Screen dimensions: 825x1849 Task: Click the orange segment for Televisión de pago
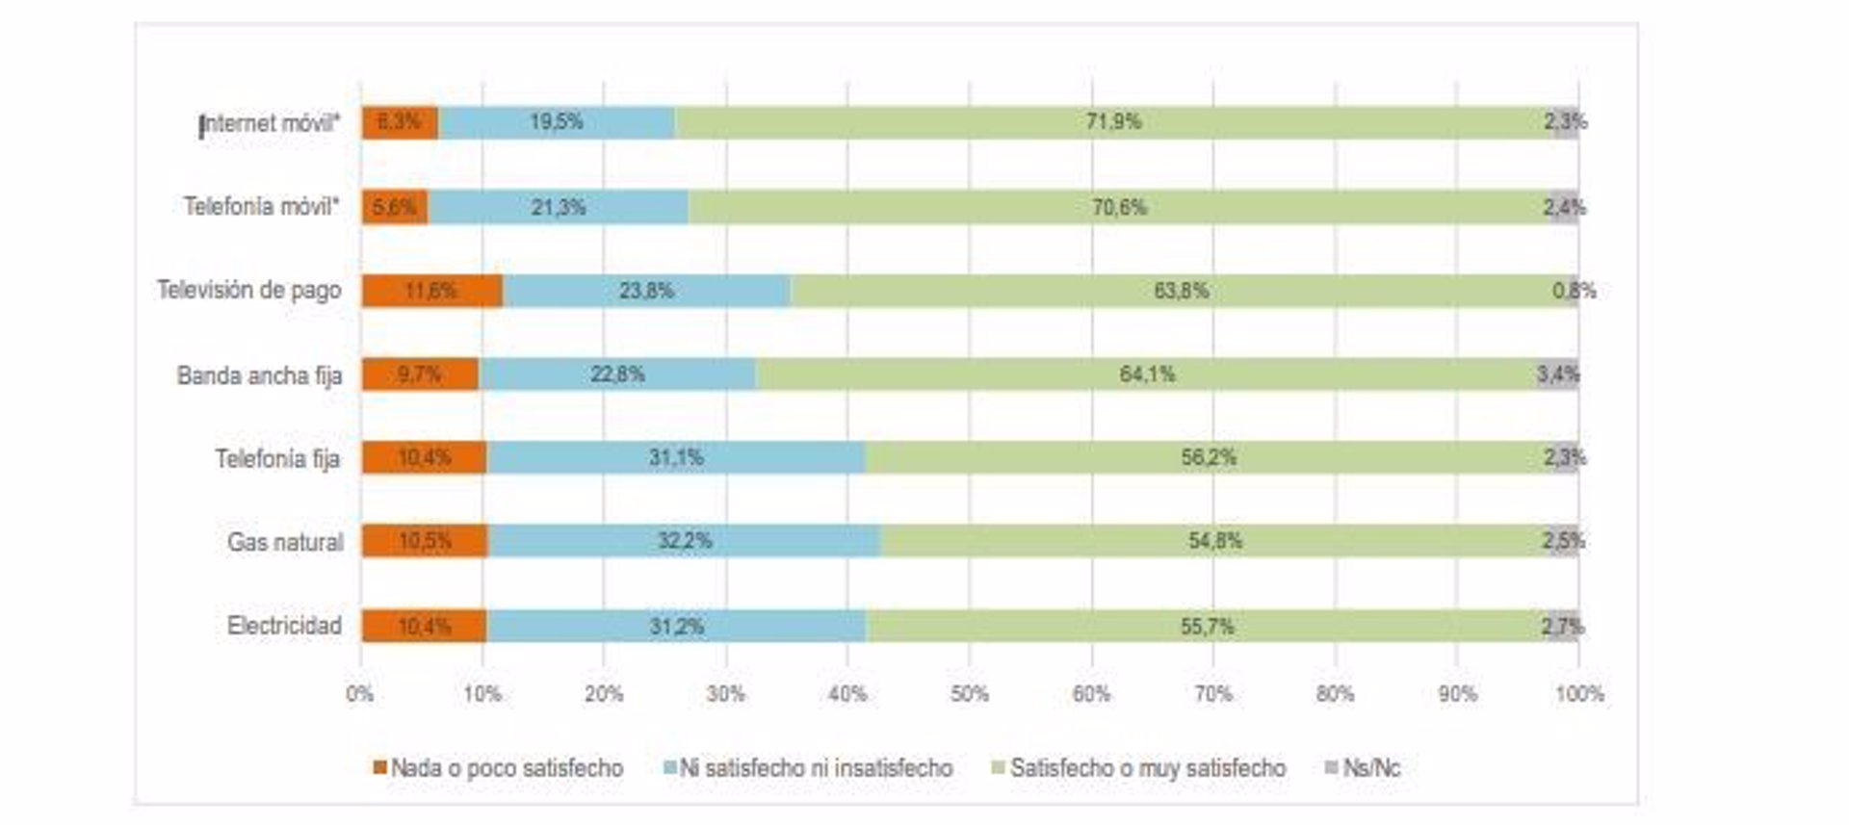(431, 291)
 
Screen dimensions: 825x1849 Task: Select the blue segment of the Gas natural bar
(684, 541)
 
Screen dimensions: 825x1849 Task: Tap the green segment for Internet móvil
(1113, 122)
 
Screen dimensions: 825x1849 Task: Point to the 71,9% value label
(1113, 122)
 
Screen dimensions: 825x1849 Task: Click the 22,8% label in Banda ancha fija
(617, 374)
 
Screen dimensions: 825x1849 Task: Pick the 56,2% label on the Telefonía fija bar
(1209, 458)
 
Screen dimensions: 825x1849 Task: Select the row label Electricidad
(284, 626)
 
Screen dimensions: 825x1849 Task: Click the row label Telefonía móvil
(261, 207)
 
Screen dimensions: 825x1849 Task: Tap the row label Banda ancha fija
(259, 375)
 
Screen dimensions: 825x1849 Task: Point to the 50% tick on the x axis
(970, 694)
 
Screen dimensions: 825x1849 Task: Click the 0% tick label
(360, 694)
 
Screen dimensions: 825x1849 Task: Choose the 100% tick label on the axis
(1579, 694)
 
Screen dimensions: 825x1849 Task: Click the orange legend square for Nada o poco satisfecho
(380, 767)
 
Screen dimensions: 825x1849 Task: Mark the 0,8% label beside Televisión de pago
(1574, 291)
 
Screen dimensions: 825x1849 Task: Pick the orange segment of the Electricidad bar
(424, 627)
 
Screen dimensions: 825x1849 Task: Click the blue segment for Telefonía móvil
(559, 207)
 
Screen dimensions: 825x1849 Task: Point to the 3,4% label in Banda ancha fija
(1557, 374)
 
